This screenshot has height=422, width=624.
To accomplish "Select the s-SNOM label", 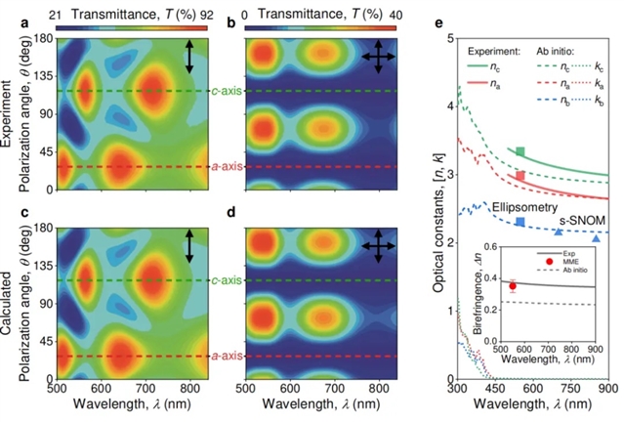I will tap(572, 220).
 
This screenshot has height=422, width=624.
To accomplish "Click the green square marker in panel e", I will tap(520, 151).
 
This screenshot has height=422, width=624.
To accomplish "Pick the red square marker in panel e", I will tap(520, 176).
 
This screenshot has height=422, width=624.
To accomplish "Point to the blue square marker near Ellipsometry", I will tap(520, 223).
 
